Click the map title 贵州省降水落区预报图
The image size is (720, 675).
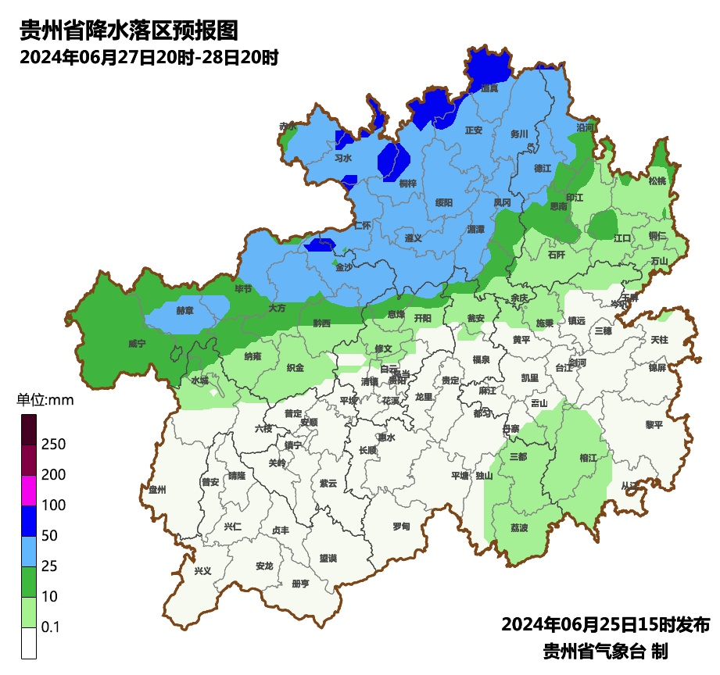coord(128,30)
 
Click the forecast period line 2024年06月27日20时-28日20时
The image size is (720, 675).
coord(149,58)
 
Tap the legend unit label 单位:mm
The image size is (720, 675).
coord(45,401)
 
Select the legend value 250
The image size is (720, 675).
coord(53,445)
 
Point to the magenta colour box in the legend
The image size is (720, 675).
coord(29,491)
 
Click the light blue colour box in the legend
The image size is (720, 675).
coord(29,552)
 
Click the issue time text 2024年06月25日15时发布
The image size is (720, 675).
coord(605,625)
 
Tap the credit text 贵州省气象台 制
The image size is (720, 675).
coord(605,651)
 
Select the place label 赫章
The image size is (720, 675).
coord(184,310)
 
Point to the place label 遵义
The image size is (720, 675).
coord(414,238)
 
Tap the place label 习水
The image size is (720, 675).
coord(343,158)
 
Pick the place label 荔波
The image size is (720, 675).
coord(519,528)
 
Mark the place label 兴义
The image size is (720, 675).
coord(202,571)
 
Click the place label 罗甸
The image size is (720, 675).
coord(401,527)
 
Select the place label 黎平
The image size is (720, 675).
coord(654,425)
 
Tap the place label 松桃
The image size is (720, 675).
coord(657,181)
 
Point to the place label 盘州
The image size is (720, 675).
coord(158,490)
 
